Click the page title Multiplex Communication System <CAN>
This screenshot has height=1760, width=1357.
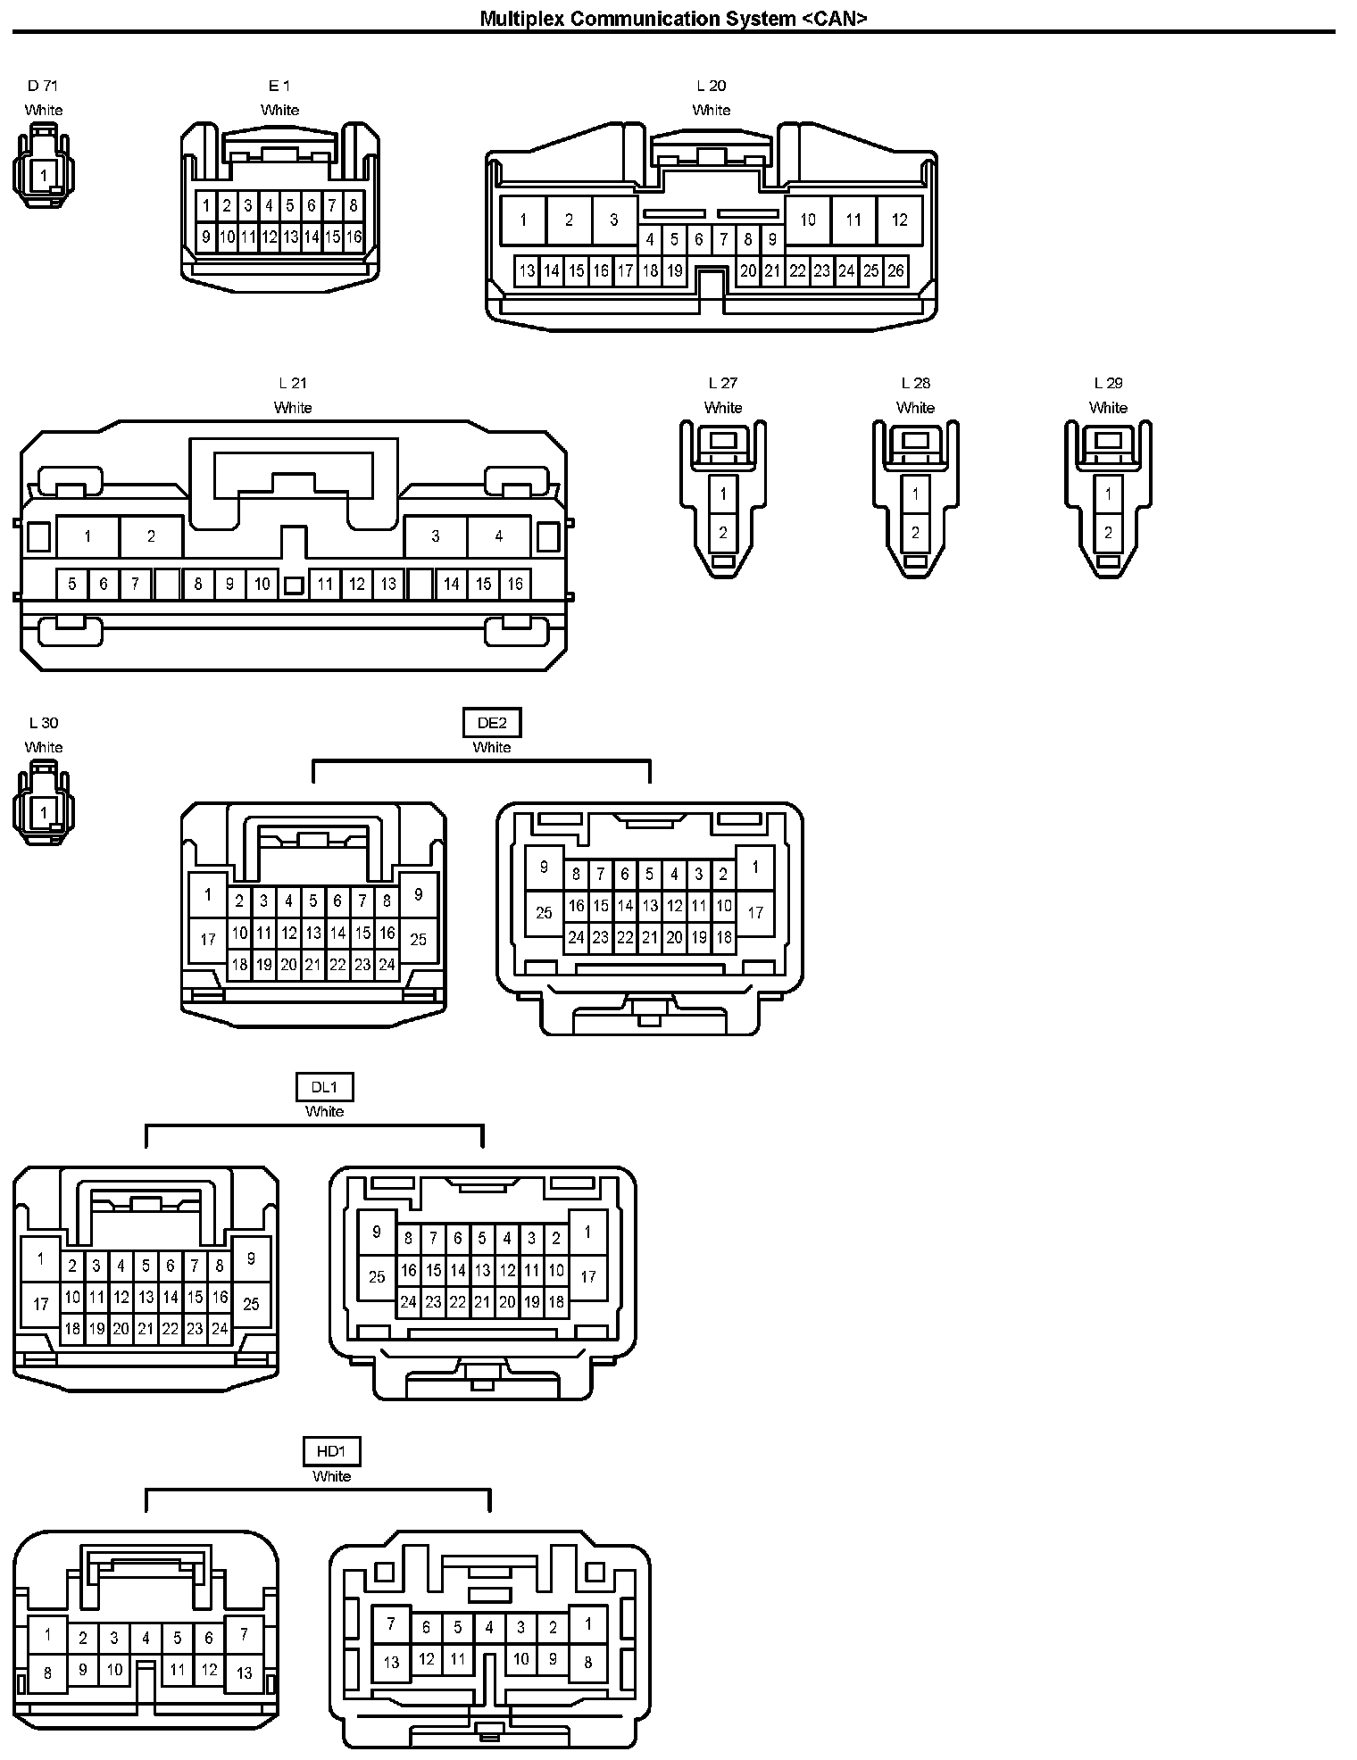[x=673, y=18]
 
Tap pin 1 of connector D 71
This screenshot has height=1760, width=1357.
[x=43, y=176]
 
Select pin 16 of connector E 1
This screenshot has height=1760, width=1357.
[x=354, y=237]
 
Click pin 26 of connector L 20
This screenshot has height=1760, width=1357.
[x=895, y=270]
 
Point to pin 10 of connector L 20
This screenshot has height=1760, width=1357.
[x=808, y=220]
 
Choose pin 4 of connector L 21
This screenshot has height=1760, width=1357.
[x=498, y=536]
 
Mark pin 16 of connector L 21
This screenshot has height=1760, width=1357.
[x=515, y=584]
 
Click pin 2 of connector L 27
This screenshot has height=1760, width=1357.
[x=723, y=533]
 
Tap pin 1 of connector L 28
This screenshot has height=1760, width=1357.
[x=915, y=494]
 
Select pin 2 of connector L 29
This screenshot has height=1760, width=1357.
[x=1108, y=533]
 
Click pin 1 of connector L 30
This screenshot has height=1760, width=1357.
[x=43, y=812]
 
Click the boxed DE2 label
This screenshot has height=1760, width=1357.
[x=492, y=723]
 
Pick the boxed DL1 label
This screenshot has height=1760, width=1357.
[x=324, y=1087]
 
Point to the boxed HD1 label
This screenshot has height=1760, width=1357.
[x=331, y=1452]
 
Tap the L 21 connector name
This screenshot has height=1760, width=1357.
[x=293, y=383]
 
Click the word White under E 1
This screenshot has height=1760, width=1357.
[x=279, y=110]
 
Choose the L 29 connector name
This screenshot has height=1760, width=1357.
[x=1108, y=383]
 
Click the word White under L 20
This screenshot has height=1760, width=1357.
[x=712, y=110]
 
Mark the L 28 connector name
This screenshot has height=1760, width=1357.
[x=915, y=383]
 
